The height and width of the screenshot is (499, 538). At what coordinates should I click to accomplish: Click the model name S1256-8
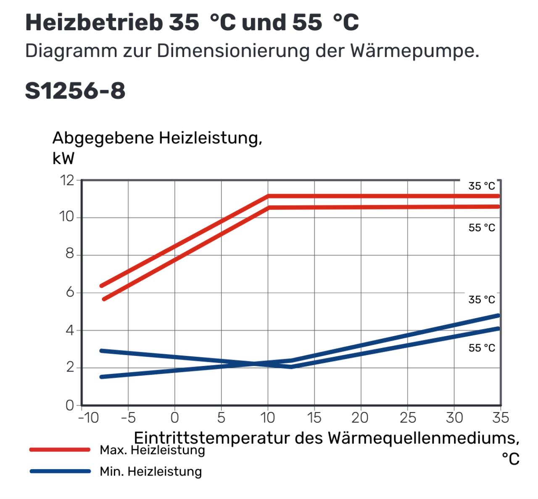75,90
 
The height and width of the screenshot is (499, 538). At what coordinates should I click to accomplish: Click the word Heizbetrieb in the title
94,23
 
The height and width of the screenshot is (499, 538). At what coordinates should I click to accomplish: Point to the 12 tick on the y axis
67,180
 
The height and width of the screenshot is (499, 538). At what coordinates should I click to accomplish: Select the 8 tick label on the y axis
70,254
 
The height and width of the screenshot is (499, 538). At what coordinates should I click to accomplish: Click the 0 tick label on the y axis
70,405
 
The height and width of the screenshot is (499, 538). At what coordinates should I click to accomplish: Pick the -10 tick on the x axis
88,418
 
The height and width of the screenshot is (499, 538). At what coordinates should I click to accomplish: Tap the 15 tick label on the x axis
314,418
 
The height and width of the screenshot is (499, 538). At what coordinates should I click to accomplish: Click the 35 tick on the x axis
500,418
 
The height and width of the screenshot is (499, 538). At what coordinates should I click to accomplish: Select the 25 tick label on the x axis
407,418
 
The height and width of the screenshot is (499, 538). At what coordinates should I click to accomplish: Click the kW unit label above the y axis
63,159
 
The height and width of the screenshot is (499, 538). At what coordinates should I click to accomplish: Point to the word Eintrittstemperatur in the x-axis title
212,438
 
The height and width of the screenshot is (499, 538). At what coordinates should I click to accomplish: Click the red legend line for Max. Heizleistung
60,449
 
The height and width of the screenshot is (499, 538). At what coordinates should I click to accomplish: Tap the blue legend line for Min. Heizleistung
60,471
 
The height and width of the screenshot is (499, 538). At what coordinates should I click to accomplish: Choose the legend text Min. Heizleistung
150,471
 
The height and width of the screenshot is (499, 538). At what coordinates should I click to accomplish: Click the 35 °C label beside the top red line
482,186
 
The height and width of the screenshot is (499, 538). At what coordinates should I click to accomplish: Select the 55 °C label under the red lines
482,227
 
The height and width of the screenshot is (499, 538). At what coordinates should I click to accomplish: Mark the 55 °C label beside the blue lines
482,348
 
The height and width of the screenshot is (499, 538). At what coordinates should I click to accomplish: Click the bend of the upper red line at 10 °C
268,196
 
